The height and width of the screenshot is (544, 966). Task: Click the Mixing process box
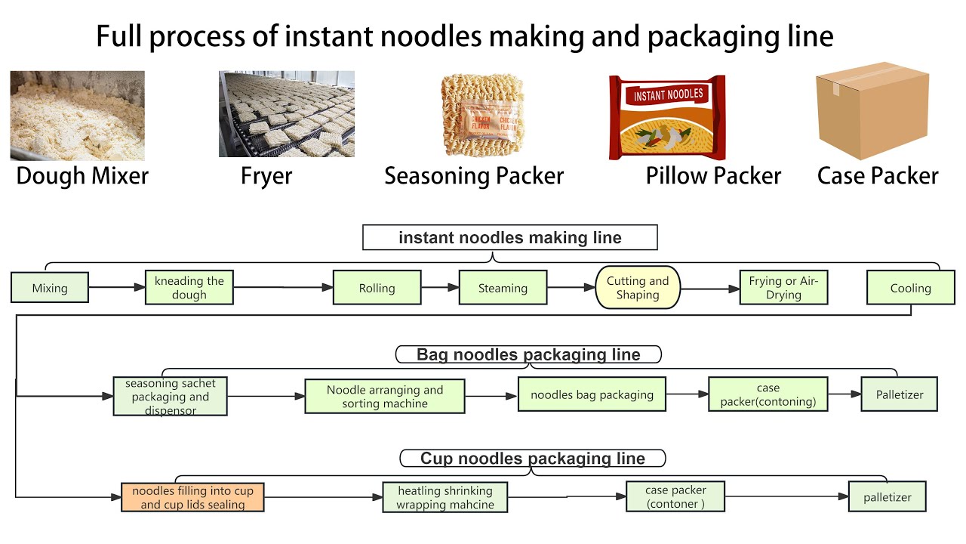coord(50,288)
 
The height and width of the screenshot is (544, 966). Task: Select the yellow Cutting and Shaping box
coord(638,288)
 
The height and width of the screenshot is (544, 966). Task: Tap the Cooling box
coord(910,288)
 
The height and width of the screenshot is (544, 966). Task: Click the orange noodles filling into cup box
coord(192,498)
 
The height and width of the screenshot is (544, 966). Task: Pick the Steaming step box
coord(503,288)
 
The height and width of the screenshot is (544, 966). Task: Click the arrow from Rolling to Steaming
coord(439,287)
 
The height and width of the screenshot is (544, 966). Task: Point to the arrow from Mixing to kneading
coord(117,287)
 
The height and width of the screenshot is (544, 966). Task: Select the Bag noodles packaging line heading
coord(528,354)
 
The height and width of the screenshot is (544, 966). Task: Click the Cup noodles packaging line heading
coord(533,459)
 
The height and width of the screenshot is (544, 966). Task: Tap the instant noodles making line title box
coord(510,238)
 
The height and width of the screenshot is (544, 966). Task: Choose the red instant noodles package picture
coord(667,117)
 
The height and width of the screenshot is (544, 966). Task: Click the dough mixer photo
coord(77,115)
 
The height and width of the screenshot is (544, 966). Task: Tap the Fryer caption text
coord(266,176)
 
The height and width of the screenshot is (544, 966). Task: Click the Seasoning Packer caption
coord(474,176)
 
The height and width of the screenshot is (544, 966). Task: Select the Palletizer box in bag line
coord(900,394)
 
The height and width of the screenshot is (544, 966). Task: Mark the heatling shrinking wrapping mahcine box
coord(445,498)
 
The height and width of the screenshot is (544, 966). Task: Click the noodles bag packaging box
coord(592,394)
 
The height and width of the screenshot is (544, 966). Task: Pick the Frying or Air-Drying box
coord(783,288)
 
